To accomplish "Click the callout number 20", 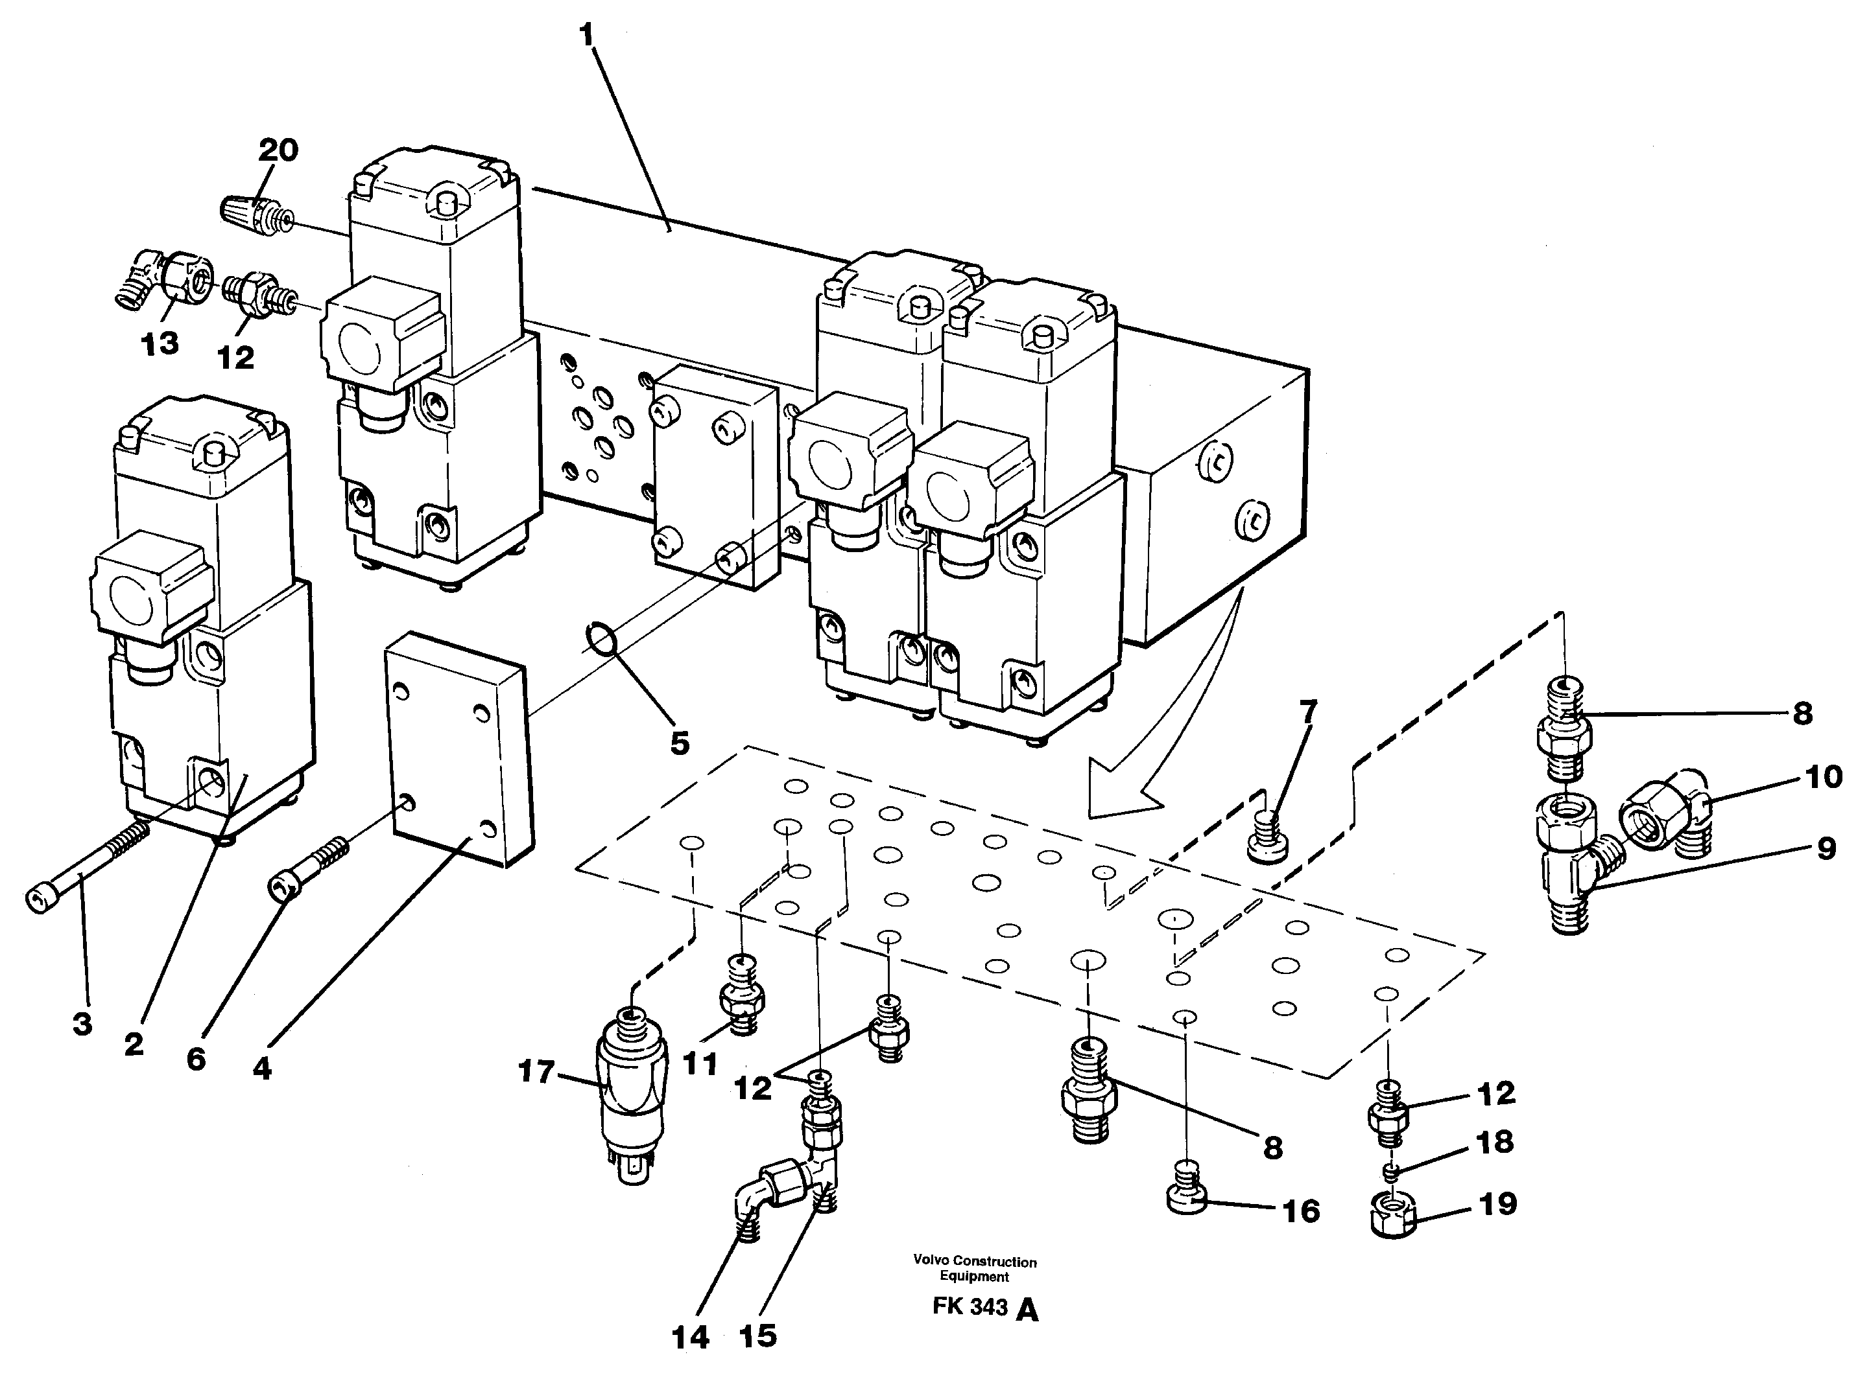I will pos(278,150).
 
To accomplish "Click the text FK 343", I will pos(970,1307).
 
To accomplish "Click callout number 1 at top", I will pos(586,35).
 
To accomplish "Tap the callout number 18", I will pos(1494,1142).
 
